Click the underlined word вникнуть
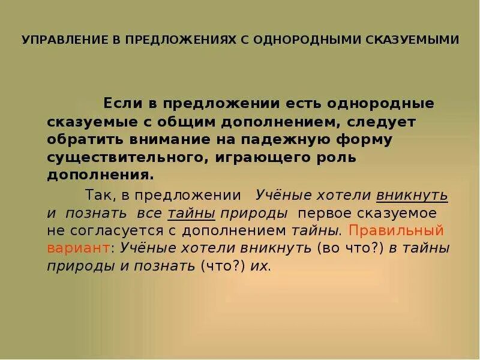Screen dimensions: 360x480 point(412,196)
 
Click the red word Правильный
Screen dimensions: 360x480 point(395,230)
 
